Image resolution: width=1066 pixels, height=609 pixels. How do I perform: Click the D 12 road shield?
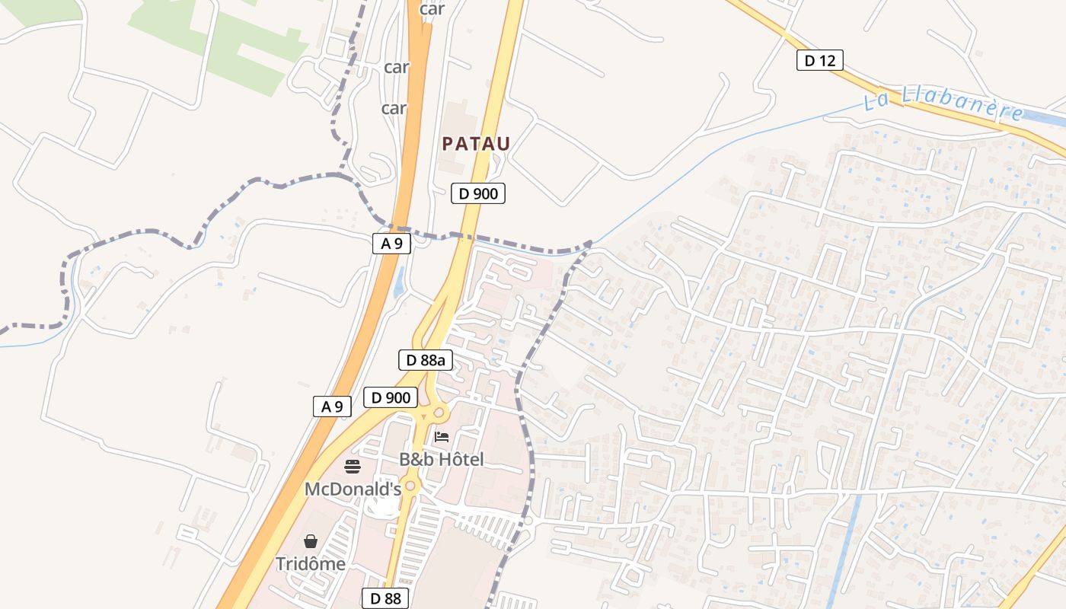(x=820, y=60)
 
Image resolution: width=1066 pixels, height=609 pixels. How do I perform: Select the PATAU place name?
(x=476, y=143)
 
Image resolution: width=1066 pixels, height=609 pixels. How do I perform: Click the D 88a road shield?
(x=426, y=360)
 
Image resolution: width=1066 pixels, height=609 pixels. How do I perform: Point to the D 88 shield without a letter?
(x=385, y=598)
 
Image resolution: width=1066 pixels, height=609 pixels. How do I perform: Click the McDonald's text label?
(x=353, y=489)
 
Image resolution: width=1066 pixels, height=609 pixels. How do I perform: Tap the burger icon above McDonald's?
(x=352, y=466)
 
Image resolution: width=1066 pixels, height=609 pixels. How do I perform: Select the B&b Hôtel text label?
(x=442, y=460)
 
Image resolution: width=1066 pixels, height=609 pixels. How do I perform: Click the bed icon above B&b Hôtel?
(x=442, y=437)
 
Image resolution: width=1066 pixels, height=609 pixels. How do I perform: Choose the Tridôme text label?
(x=311, y=564)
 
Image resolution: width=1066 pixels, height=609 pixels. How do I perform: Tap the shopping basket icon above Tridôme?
(x=311, y=541)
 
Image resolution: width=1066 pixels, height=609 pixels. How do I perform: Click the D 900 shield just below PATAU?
(x=478, y=193)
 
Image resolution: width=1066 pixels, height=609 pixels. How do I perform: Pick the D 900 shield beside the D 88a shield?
(x=391, y=397)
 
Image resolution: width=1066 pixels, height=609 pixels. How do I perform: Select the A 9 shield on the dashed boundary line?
(x=391, y=244)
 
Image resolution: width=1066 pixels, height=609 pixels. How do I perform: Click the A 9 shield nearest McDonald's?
(x=332, y=407)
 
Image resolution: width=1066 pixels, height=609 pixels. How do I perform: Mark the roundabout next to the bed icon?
(x=439, y=413)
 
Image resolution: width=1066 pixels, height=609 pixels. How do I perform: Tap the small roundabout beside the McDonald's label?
(x=410, y=486)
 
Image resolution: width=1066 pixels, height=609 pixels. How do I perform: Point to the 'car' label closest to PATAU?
(x=394, y=108)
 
